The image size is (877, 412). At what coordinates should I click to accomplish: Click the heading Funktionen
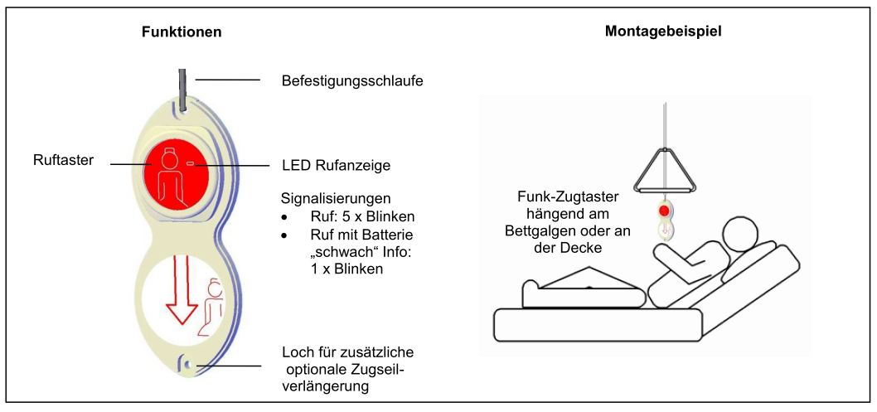[x=181, y=32]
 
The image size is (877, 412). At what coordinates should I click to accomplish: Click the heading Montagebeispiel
[x=662, y=32]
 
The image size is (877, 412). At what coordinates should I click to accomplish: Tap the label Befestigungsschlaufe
[x=353, y=81]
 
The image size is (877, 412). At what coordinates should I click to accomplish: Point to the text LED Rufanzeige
[x=336, y=166]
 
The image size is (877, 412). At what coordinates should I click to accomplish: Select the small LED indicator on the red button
[x=190, y=165]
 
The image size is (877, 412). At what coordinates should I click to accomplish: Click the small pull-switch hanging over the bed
[x=663, y=219]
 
